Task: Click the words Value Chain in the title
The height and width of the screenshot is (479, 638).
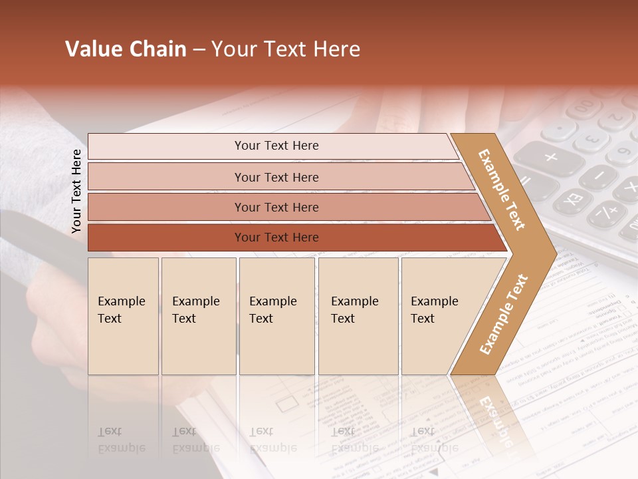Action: pos(126,49)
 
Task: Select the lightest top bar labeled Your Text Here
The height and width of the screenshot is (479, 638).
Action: pos(276,146)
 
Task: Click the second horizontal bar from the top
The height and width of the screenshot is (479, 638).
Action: pos(276,177)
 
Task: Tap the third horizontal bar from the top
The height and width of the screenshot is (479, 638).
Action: pos(276,207)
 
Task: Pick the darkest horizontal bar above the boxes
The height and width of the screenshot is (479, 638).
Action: pos(276,238)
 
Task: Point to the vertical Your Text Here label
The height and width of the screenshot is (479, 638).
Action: pos(76,192)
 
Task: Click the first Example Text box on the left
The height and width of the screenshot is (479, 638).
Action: pos(123,316)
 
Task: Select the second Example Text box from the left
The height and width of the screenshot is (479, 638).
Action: pos(198,316)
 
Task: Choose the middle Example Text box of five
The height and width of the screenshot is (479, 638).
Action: pos(276,316)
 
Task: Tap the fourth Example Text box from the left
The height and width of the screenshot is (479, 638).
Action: pos(358,316)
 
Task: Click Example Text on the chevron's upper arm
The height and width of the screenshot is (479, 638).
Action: pos(502,190)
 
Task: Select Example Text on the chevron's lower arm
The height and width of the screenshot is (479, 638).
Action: pos(504,314)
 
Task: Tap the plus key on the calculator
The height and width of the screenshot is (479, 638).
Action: pos(550,158)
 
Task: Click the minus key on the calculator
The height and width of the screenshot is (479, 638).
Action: pos(599,176)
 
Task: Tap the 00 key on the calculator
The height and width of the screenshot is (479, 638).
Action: pos(583,106)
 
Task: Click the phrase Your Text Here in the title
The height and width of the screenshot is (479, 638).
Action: pos(286,49)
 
